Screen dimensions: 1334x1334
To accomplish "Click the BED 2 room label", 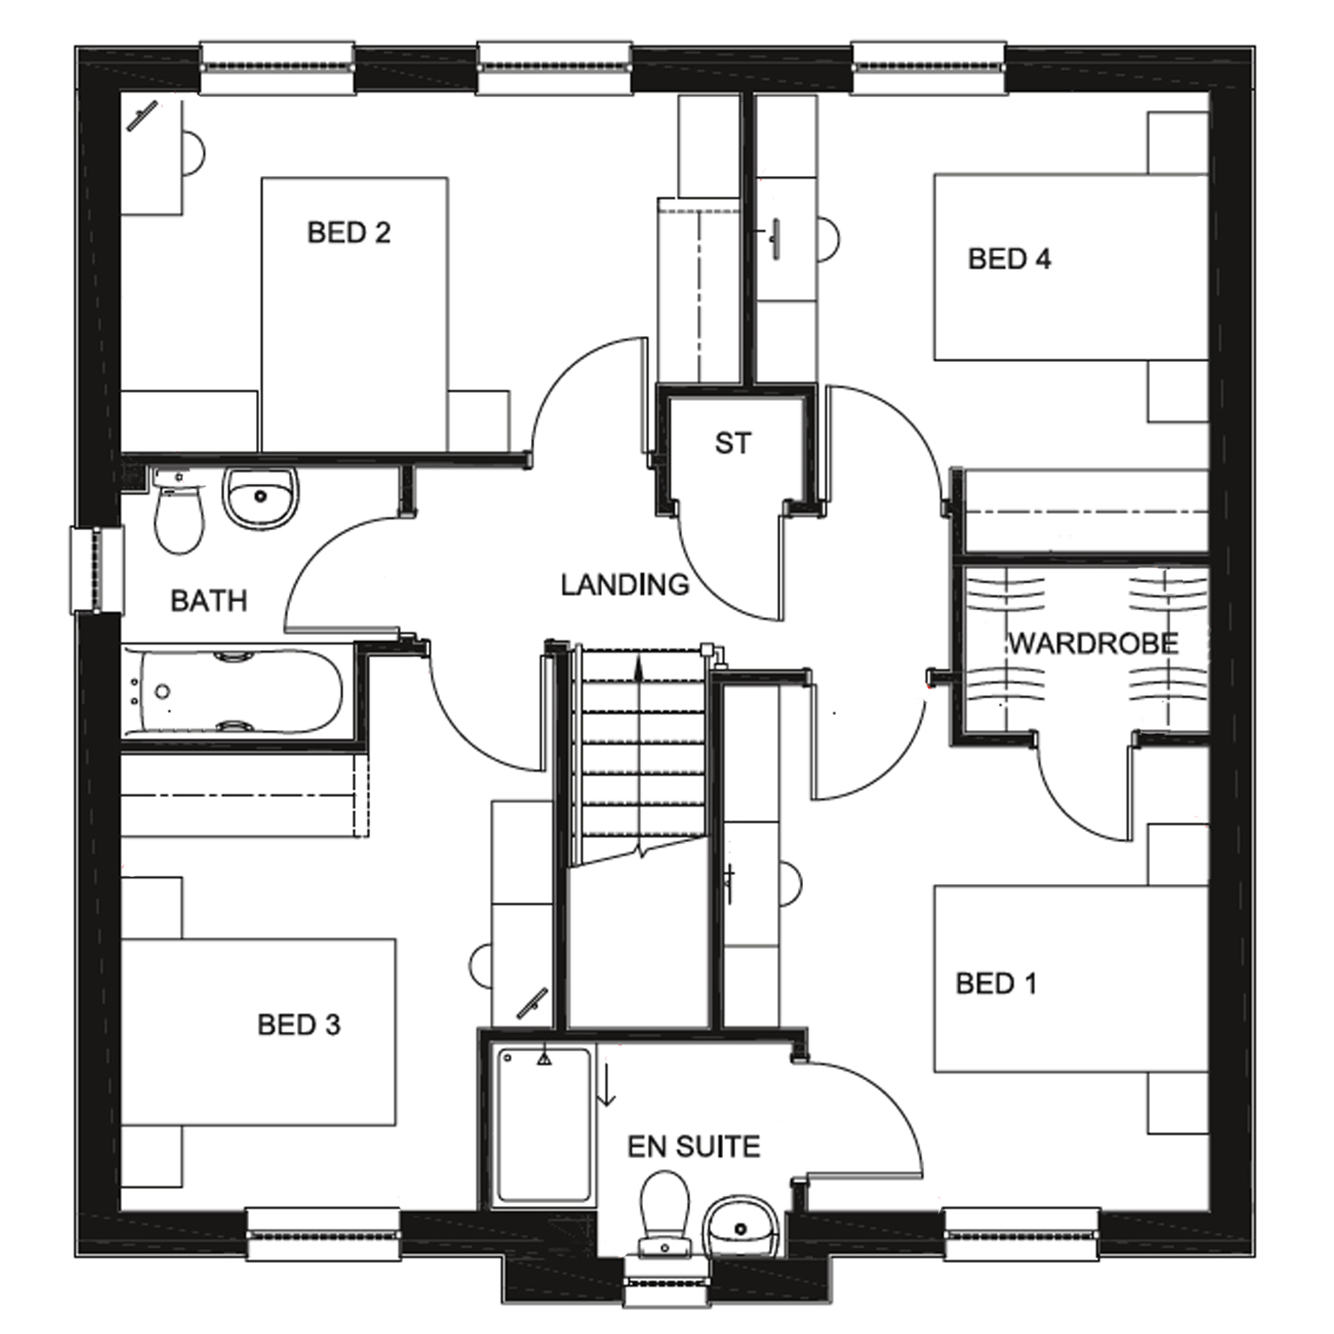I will (x=349, y=233).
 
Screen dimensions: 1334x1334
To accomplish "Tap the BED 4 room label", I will (x=1009, y=259).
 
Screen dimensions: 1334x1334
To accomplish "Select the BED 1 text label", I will (x=996, y=984).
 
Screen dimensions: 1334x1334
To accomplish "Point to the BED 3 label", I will (x=299, y=1025).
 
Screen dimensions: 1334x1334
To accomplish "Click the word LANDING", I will (x=624, y=584).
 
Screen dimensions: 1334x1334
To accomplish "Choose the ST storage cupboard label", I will (x=733, y=443).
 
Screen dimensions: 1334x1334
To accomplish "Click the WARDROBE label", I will (x=1093, y=643).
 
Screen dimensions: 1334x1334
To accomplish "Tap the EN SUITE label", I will (x=694, y=1146).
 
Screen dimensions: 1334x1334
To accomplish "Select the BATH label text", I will (x=208, y=601).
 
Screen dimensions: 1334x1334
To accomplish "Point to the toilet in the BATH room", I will (x=179, y=516).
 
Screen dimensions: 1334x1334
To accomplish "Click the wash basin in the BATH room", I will (x=260, y=496).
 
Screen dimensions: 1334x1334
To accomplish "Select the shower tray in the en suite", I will (x=543, y=1125).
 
